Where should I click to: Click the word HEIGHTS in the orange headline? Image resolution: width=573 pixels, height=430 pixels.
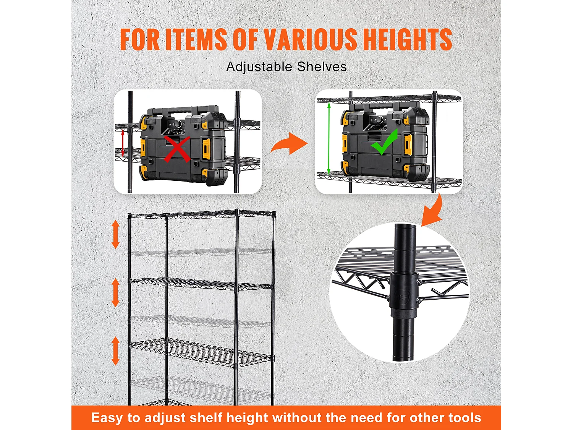point(407,39)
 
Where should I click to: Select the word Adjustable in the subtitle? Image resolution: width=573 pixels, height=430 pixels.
point(259,67)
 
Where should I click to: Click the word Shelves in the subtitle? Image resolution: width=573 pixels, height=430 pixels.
point(322,67)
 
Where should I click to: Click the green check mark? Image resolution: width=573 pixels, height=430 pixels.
point(384,142)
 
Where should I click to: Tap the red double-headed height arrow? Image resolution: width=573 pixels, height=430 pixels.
point(123,143)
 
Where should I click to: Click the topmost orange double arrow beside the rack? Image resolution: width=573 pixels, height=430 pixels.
point(115,235)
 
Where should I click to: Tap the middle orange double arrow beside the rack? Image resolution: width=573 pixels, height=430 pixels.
point(115,292)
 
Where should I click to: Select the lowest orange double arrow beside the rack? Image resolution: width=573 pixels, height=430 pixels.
point(115,351)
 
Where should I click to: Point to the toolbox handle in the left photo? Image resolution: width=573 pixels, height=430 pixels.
point(180,112)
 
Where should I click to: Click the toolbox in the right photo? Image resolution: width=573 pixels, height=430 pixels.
point(386,141)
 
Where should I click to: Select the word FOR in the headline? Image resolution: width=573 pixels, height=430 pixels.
point(140,39)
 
